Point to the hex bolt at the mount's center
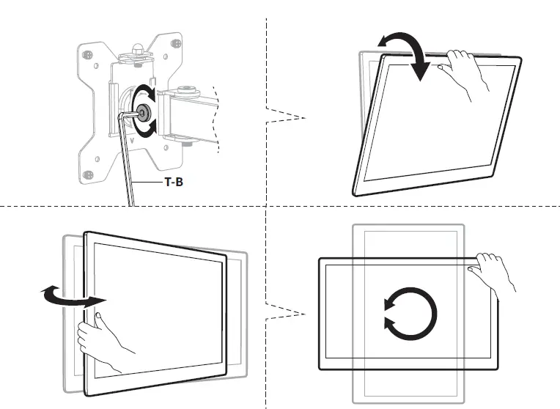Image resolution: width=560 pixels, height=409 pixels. pyautogui.click(x=142, y=112)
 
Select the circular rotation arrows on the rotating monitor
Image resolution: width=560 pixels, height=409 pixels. pyautogui.click(x=410, y=313)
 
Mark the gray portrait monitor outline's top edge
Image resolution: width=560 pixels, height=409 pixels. pyautogui.click(x=408, y=225)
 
